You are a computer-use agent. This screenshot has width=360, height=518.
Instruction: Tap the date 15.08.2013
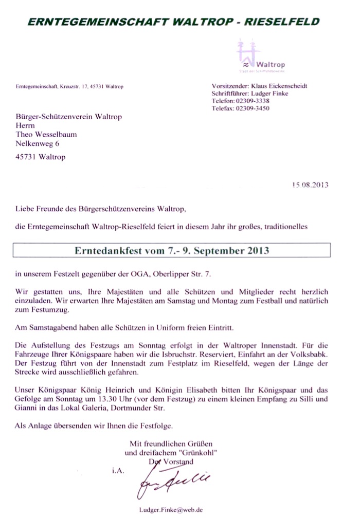coord(310,185)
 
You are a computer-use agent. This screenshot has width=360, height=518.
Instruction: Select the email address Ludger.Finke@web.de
coord(171,510)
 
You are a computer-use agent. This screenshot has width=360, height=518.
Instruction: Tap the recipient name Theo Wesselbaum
coord(46,135)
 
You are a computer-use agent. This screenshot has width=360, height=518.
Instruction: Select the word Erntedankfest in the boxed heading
coord(106,251)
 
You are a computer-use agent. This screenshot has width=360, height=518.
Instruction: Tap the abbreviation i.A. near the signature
coord(118,470)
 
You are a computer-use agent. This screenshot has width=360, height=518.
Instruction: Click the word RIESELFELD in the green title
coord(281,22)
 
